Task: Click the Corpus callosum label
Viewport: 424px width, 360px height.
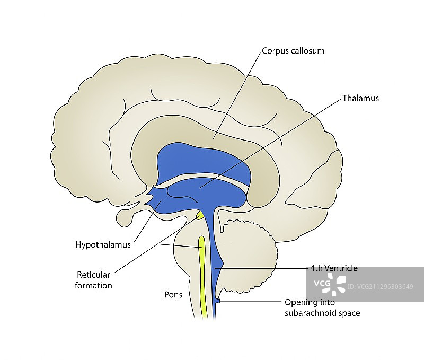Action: click(x=293, y=51)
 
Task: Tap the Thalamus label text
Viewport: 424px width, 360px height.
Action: click(x=360, y=98)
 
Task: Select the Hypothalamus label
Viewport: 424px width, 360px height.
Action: click(x=103, y=245)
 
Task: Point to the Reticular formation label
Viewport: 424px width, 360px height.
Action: click(x=94, y=280)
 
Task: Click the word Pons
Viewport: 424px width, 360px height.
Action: click(x=173, y=295)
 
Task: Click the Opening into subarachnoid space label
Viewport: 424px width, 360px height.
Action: click(x=322, y=308)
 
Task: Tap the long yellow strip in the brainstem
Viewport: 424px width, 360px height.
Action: click(x=201, y=276)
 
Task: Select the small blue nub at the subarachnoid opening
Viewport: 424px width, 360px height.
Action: click(x=217, y=302)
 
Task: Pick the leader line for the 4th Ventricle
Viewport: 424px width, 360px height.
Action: click(x=265, y=269)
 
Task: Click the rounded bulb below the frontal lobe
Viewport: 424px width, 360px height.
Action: click(x=126, y=217)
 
